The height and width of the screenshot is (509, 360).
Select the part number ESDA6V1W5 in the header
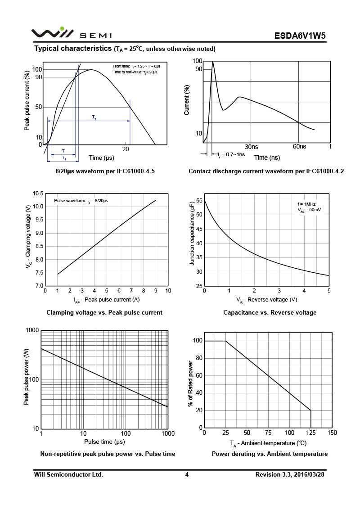[300, 36]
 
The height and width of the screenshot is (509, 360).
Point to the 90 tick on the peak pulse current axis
[38, 77]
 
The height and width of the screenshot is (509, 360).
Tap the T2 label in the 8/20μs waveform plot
[94, 117]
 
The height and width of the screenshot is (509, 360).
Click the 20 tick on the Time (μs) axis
[126, 149]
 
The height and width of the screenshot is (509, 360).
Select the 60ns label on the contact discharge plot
[299, 147]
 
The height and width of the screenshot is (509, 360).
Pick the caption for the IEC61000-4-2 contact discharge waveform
[266, 171]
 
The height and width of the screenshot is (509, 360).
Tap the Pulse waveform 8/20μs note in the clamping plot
[81, 200]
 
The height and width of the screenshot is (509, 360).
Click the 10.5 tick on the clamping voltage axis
[38, 194]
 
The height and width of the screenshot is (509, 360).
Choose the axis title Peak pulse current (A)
[107, 300]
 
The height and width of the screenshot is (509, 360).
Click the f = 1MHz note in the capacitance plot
[306, 204]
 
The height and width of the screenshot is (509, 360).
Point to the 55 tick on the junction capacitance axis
[199, 201]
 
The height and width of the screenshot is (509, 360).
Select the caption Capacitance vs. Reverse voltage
[270, 312]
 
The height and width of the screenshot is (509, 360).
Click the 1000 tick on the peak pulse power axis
[32, 331]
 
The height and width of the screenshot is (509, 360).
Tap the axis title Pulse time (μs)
[104, 442]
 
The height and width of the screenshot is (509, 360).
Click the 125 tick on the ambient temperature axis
[311, 433]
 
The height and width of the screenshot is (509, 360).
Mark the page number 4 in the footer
[187, 474]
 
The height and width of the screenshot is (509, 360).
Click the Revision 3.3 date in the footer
[289, 474]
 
